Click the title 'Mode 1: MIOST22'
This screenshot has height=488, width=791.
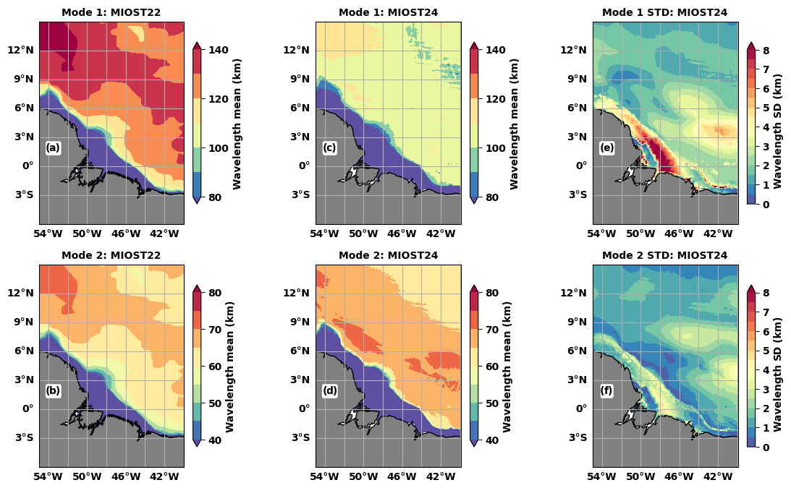pos(111,12)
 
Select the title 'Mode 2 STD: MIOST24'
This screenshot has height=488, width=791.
pos(665,255)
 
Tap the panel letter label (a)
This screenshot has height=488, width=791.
pos(53,148)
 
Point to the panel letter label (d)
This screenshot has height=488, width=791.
pos(330,391)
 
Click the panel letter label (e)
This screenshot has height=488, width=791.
pos(606,148)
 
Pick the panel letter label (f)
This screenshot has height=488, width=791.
pos(606,391)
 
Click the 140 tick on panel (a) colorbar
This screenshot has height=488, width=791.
pos(219,50)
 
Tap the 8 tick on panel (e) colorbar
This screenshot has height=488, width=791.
pos(766,50)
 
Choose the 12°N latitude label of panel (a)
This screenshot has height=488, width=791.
pos(22,50)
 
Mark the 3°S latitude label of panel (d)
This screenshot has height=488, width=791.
pos(300,437)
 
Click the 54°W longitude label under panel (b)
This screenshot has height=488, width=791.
pos(48,476)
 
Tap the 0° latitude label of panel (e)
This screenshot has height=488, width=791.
pos(581,166)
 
